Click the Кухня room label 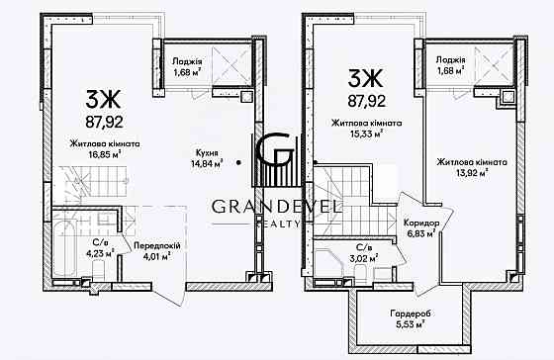(x=207, y=153)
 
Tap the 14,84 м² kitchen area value (x=207, y=163)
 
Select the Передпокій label (x=157, y=246)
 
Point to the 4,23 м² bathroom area (x=101, y=253)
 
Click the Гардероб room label (x=411, y=314)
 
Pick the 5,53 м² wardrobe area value (x=411, y=324)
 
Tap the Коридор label (x=421, y=224)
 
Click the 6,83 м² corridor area (x=421, y=233)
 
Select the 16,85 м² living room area (x=105, y=154)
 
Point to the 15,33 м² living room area (x=366, y=134)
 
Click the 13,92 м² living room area (x=472, y=172)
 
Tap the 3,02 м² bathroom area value (x=364, y=257)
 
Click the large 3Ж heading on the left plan (x=103, y=99)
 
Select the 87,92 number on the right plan (x=366, y=102)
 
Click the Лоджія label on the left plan (x=187, y=61)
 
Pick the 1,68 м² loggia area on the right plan (x=450, y=70)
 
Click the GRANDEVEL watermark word (x=276, y=207)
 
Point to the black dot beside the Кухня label (x=239, y=162)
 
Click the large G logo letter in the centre (x=275, y=149)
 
